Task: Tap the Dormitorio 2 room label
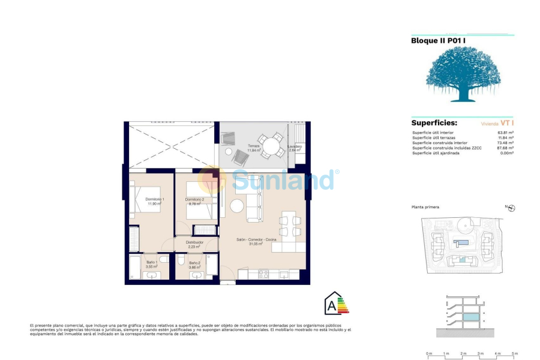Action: [x=195, y=199]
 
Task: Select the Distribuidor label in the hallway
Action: [x=194, y=242]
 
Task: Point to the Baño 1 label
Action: [x=153, y=262]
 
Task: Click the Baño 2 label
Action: [x=194, y=263]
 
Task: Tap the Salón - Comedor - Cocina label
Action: [x=256, y=240]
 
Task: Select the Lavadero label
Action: [x=295, y=146]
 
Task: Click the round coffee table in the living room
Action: [x=237, y=206]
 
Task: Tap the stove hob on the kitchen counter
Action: [x=263, y=274]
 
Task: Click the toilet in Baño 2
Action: [x=181, y=260]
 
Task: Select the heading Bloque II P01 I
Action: [x=439, y=41]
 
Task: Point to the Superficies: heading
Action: [x=434, y=122]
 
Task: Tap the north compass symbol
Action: [x=512, y=208]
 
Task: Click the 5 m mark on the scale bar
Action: [x=515, y=354]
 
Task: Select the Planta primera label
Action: [x=425, y=207]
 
